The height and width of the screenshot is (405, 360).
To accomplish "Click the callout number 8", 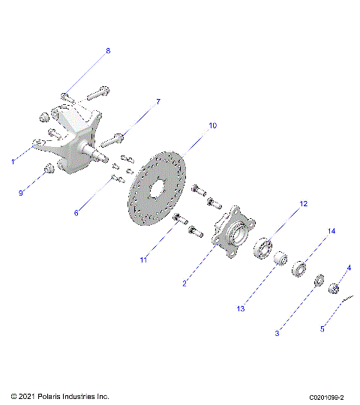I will pyautogui.click(x=107, y=51).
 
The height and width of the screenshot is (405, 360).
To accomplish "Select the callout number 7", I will pyautogui.click(x=158, y=101).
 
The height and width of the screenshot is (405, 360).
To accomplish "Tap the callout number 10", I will pyautogui.click(x=212, y=126).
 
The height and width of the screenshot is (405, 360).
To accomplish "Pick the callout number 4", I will pyautogui.click(x=349, y=268).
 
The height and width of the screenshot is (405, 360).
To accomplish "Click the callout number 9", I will pyautogui.click(x=21, y=193).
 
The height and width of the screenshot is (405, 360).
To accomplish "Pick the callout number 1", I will pyautogui.click(x=13, y=160).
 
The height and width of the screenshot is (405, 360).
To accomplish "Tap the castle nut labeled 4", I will pyautogui.click(x=335, y=286).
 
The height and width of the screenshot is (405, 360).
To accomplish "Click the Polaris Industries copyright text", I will pyautogui.click(x=60, y=396).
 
